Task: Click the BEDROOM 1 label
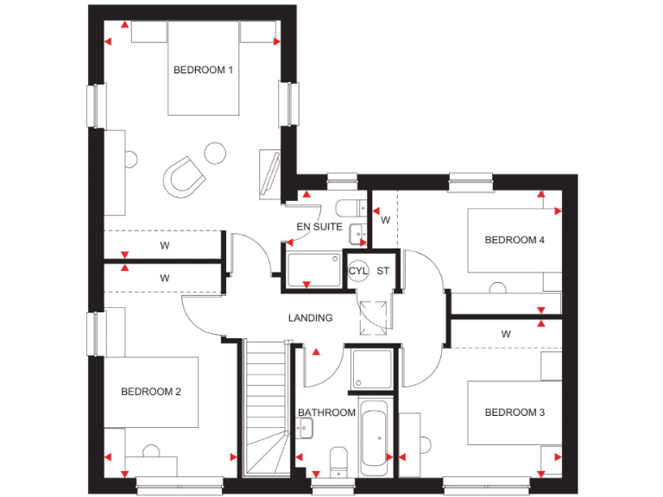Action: coord(203,70)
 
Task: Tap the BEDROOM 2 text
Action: coord(150,392)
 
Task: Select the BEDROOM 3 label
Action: coord(515,412)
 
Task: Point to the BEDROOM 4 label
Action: coord(515,240)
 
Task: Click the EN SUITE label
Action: coord(319,227)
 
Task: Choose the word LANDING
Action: coord(310,318)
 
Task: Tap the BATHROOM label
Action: coord(326,412)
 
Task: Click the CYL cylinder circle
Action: coord(358,271)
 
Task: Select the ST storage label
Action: coord(382,271)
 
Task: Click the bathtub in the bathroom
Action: coord(376,438)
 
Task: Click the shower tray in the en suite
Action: coord(313,270)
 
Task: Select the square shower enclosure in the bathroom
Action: coord(372,368)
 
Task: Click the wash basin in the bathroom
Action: coord(305,424)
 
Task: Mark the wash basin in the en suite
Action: coord(357,233)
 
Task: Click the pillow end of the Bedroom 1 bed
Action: coord(203,35)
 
